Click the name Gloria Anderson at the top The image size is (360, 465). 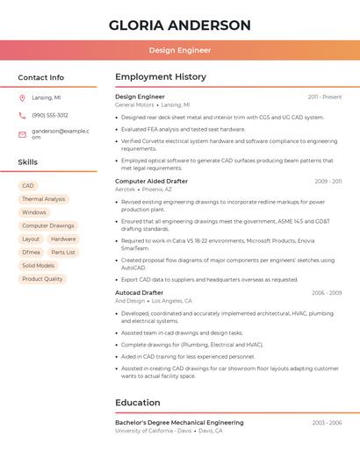[180, 25]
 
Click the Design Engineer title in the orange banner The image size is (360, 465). [180, 51]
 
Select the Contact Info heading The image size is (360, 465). [41, 77]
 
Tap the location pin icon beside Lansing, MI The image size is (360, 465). [22, 97]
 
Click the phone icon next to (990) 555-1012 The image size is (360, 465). [22, 115]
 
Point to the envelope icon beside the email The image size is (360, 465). [22, 134]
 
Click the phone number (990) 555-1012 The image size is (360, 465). [50, 115]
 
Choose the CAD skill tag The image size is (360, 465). [28, 186]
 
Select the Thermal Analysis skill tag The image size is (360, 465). [44, 199]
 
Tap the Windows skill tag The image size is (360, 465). [34, 212]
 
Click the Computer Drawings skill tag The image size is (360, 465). [48, 225]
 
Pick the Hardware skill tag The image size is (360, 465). [63, 239]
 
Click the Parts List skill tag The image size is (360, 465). [63, 252]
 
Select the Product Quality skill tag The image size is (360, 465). [42, 279]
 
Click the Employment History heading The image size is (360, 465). [161, 77]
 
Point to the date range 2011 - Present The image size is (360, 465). [325, 97]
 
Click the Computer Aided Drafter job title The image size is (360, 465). [151, 181]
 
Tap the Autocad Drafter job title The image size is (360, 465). [139, 292]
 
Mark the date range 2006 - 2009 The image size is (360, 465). [326, 293]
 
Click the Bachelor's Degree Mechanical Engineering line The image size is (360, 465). [179, 423]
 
